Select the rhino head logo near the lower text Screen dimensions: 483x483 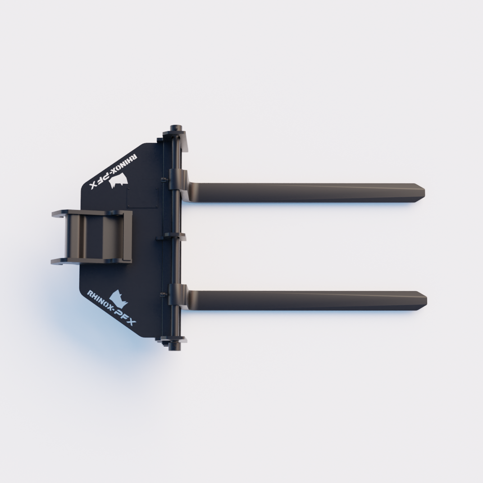point(118,297)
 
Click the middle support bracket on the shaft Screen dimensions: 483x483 point(175,236)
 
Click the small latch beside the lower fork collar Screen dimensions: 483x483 point(164,295)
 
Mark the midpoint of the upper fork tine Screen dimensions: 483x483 point(306,192)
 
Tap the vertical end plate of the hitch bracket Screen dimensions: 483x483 point(127,236)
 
